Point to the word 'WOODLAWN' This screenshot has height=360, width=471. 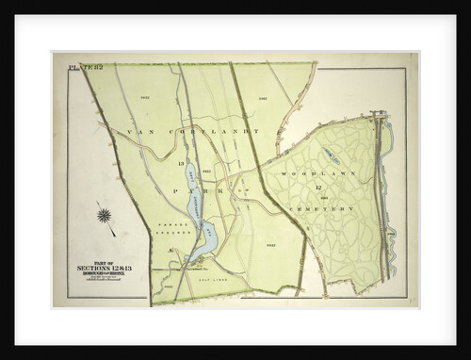pyautogui.click(x=303, y=173)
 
